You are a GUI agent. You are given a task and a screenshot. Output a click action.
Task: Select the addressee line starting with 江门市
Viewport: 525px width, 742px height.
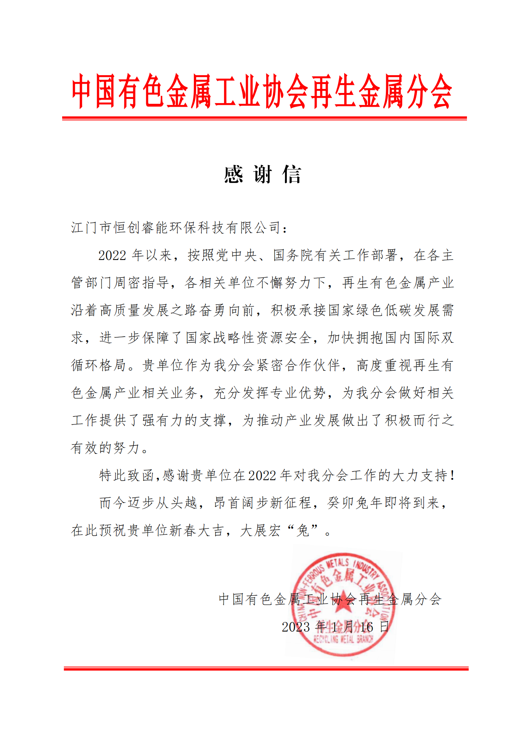coord(179,227)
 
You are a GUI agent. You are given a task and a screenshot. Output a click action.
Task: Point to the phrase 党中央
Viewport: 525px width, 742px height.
coord(237,255)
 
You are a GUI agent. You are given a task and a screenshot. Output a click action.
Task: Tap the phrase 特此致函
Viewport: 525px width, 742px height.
coord(127,475)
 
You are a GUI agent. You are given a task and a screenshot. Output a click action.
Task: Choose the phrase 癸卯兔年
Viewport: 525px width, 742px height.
coord(355,502)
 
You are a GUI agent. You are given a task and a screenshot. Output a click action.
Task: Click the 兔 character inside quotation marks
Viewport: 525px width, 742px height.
coord(303,530)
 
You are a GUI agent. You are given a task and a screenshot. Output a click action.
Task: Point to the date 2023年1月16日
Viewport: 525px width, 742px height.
coord(335,627)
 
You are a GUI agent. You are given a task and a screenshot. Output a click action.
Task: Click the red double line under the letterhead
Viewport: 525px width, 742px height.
coord(264,118)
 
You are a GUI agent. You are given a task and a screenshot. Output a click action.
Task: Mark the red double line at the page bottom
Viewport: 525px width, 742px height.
coord(266,668)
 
